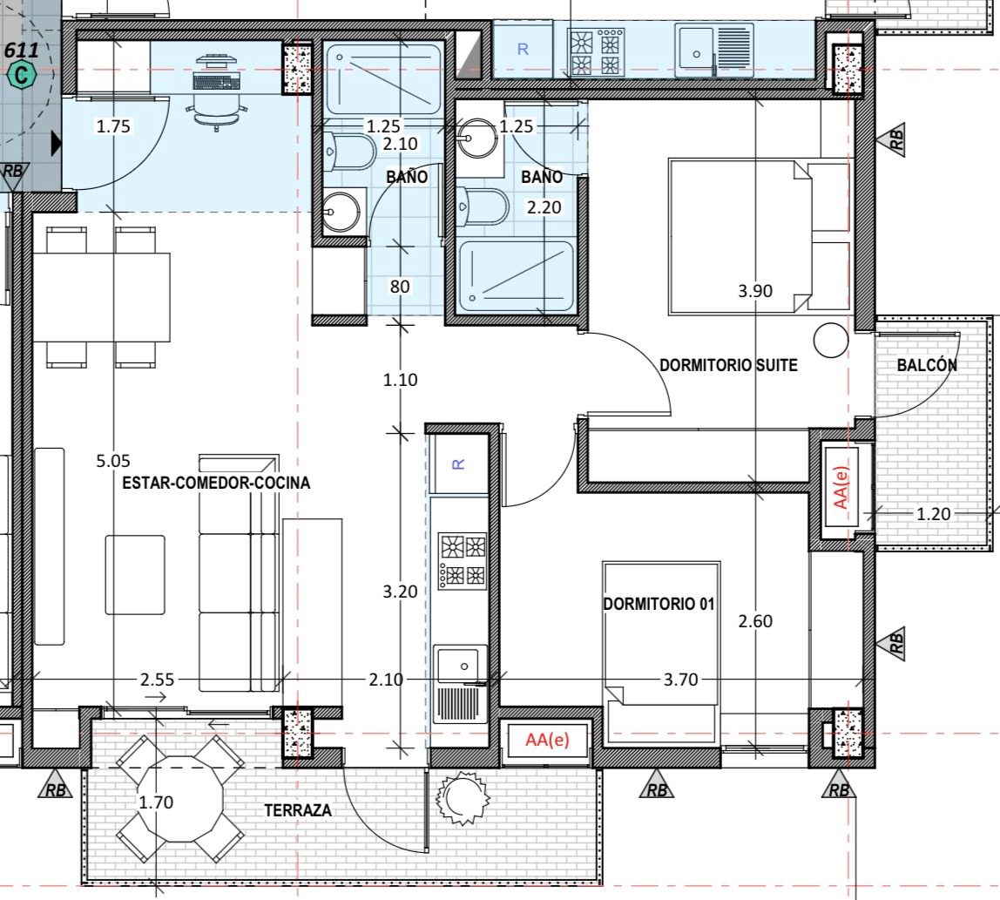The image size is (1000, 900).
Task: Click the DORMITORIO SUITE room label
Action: [728, 365]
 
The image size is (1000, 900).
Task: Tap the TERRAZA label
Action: [298, 810]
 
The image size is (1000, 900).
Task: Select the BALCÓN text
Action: [927, 364]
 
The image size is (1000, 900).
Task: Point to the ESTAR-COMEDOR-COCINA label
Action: [216, 482]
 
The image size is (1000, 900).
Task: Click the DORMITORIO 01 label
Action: [659, 604]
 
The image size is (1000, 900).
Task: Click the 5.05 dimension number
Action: [113, 461]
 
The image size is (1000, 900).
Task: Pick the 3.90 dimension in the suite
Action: [755, 291]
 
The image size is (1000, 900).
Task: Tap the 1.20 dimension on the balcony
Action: [933, 513]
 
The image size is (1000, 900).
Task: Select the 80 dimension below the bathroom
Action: [400, 287]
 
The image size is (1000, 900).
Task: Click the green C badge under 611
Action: [22, 75]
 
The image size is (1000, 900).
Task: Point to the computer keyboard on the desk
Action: [217, 82]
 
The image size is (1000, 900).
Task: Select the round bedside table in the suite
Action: [831, 340]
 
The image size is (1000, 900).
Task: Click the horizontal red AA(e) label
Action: [547, 740]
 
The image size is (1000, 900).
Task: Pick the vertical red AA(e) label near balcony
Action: [841, 487]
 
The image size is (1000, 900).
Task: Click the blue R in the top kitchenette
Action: [523, 49]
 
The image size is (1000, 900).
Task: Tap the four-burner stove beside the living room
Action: [463, 561]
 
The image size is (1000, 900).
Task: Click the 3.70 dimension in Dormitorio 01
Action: [680, 680]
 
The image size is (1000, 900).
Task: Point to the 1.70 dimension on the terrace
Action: [156, 802]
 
